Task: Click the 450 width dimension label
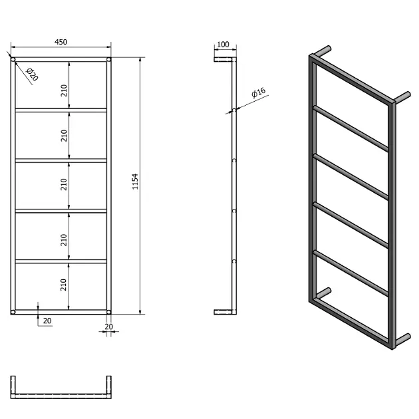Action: click(x=61, y=42)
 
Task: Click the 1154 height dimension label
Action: click(x=135, y=182)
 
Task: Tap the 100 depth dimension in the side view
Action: click(x=223, y=45)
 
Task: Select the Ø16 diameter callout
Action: click(x=259, y=92)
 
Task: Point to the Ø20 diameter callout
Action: click(x=33, y=74)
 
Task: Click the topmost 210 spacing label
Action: click(x=64, y=90)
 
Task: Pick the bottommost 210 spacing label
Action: click(x=63, y=285)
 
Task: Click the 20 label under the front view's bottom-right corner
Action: click(x=109, y=327)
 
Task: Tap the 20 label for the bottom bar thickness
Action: click(x=47, y=321)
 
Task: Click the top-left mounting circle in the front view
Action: click(x=13, y=60)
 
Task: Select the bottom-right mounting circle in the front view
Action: click(x=108, y=312)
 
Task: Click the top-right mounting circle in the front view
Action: click(x=108, y=60)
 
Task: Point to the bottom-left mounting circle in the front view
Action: click(x=13, y=312)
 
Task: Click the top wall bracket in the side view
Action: click(x=223, y=60)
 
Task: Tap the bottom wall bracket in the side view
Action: click(x=223, y=312)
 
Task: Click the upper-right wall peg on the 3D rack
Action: click(x=402, y=97)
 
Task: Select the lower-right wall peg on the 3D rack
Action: click(x=402, y=339)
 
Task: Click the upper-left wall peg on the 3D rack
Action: click(x=323, y=51)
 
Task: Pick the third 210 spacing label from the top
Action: click(x=64, y=184)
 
